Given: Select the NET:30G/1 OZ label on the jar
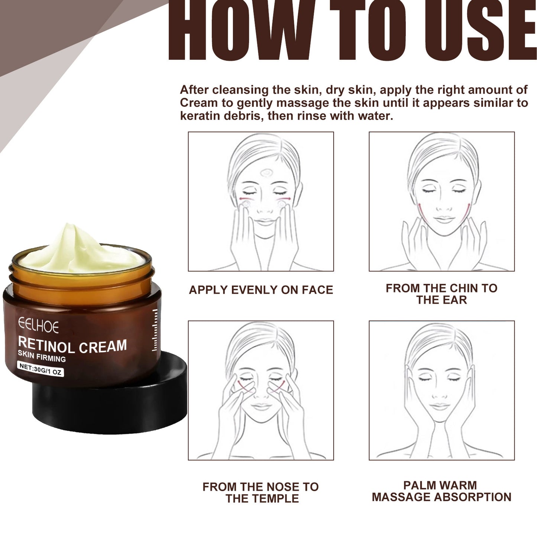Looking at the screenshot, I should (x=41, y=369).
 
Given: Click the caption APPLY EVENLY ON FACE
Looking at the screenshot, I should (x=261, y=290).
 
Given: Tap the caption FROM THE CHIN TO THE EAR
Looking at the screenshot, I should (x=441, y=294).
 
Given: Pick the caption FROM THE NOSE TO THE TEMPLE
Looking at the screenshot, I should (x=261, y=492).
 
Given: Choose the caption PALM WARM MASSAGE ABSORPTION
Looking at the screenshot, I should (x=441, y=491).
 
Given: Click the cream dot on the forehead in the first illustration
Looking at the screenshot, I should (x=266, y=172).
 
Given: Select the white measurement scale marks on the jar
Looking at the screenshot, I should (x=155, y=330).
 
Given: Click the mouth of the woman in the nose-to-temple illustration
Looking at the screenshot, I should (x=261, y=406).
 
